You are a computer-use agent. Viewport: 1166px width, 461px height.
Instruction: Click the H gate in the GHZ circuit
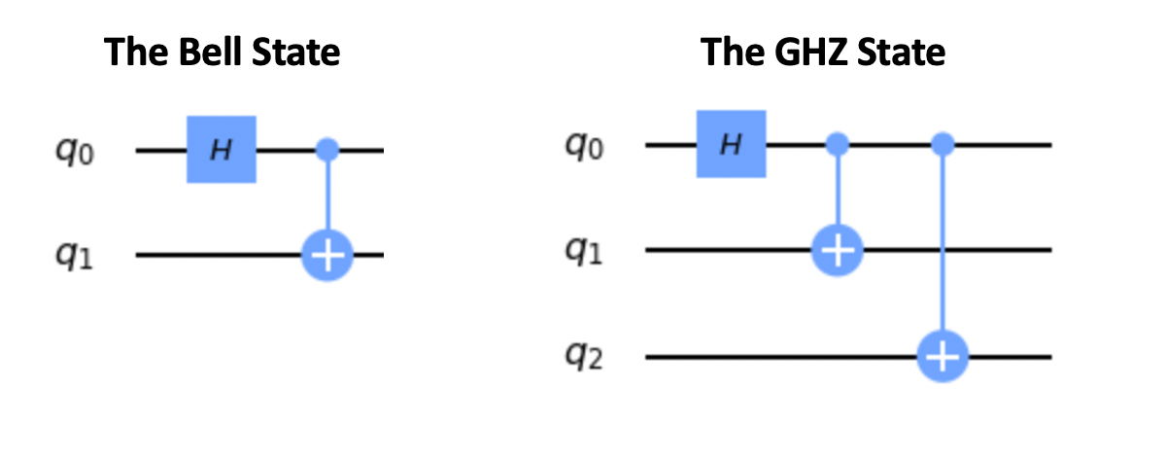coord(732,144)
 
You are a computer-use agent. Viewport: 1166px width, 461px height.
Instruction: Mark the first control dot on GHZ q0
coord(836,145)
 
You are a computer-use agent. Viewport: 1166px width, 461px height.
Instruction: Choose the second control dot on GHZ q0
coord(941,145)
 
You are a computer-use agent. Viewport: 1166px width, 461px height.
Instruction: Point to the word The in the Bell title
coord(132,52)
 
